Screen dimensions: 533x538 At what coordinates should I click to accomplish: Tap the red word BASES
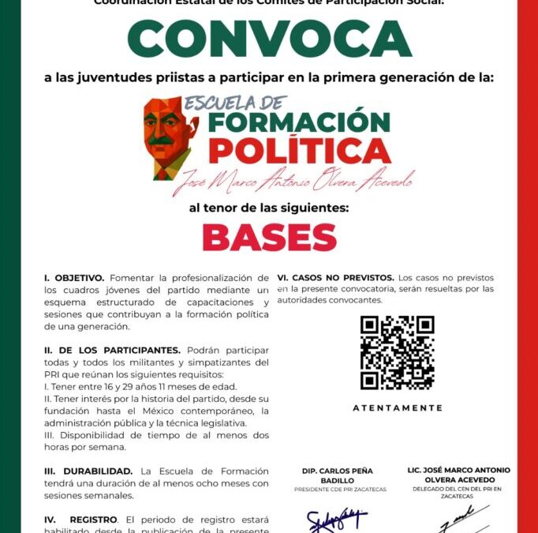point(269,238)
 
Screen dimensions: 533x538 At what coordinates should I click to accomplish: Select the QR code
point(397,352)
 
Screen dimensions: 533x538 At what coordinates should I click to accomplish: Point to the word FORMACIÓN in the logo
point(299,122)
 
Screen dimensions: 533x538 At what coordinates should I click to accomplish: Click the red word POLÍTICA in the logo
point(299,150)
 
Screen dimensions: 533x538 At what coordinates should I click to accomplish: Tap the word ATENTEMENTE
point(398,408)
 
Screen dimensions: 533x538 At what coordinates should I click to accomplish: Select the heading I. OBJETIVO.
point(74,278)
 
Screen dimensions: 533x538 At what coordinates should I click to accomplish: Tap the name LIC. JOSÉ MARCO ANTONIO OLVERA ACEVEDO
point(458,475)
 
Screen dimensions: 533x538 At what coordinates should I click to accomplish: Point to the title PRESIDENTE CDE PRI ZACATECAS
point(341,490)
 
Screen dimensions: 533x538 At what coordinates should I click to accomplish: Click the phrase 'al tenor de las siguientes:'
point(269,208)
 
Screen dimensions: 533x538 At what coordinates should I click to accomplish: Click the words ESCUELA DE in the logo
point(237,103)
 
